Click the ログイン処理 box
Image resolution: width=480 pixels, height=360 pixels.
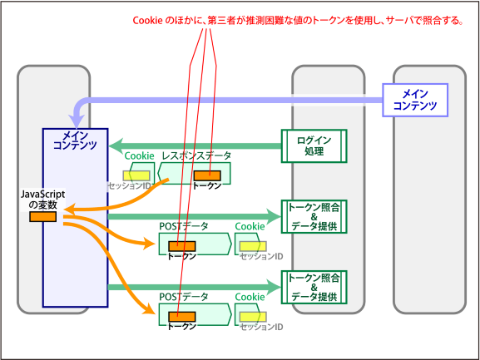[314, 145]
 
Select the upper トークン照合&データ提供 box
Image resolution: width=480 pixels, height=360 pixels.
[314, 216]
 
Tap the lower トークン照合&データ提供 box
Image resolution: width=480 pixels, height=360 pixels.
[314, 287]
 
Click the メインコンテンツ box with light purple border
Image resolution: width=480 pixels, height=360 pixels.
[415, 100]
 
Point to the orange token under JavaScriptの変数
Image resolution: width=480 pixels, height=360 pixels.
[43, 216]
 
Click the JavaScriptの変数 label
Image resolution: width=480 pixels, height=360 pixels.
[43, 199]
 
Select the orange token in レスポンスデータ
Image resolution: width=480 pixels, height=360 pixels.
[207, 175]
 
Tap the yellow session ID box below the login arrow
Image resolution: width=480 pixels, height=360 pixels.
[136, 175]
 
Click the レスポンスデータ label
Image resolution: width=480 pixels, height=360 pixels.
[196, 155]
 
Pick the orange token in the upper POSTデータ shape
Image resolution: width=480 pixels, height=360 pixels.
[182, 246]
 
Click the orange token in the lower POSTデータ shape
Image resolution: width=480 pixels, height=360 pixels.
[182, 317]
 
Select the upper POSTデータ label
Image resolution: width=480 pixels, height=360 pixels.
[184, 226]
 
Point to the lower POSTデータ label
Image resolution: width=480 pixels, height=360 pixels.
[184, 297]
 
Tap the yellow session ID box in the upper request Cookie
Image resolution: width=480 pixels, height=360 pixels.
[253, 246]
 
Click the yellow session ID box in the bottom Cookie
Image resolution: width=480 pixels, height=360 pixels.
[253, 317]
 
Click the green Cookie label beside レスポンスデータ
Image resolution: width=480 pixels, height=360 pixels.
[139, 155]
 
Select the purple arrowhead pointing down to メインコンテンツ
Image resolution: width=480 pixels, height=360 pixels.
[77, 121]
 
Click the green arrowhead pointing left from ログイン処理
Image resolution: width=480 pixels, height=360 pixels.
[116, 145]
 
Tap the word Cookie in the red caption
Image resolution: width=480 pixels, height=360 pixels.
[147, 21]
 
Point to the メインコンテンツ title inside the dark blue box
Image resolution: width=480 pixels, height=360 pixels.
[75, 140]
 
